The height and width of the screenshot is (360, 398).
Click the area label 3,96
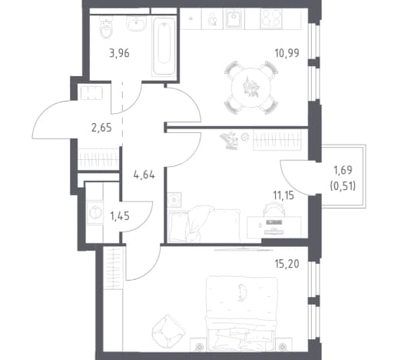point(119,54)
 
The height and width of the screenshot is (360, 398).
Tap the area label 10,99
point(287,53)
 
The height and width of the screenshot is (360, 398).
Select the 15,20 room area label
point(287,264)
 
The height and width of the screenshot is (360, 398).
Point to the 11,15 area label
point(284,195)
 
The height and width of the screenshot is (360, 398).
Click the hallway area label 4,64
point(144,175)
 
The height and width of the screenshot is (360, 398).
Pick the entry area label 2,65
point(101,128)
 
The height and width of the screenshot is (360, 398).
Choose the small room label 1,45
point(120,216)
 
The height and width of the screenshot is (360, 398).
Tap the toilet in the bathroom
point(106,28)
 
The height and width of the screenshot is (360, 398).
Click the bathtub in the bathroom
point(163,47)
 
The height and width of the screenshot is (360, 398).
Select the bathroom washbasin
point(136,24)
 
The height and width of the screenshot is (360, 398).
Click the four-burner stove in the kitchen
point(271,18)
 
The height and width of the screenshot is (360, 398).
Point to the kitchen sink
point(234,18)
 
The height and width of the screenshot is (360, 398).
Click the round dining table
point(251,88)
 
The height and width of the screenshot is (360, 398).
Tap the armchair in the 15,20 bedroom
point(167,331)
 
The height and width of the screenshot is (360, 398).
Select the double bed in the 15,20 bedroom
point(242,313)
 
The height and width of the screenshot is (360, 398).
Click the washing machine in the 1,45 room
point(95,212)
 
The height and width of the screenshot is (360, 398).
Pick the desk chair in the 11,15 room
point(274,209)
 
